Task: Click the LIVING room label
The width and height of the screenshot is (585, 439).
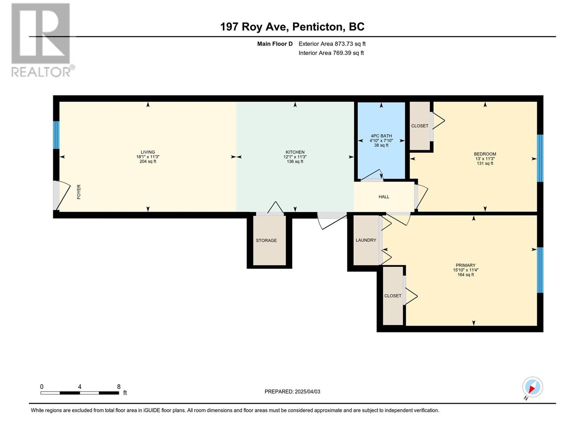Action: (148, 152)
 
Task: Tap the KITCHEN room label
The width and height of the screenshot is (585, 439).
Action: (295, 152)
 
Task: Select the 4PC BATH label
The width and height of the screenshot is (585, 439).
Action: (381, 136)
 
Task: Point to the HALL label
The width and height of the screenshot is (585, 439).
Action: (384, 197)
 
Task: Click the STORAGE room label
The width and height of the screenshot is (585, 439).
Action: (266, 240)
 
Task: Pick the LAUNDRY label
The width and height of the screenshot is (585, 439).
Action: (366, 240)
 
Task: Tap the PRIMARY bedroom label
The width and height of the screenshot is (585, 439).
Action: (465, 265)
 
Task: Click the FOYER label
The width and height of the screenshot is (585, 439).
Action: (79, 192)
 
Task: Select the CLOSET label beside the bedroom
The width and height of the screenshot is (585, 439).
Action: (420, 126)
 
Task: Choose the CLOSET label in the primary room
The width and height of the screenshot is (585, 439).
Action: (393, 296)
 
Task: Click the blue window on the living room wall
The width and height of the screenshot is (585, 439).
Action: (56, 135)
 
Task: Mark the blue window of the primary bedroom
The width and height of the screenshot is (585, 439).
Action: (540, 270)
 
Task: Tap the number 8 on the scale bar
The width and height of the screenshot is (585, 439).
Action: (118, 386)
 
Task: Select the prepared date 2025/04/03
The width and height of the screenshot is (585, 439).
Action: (307, 391)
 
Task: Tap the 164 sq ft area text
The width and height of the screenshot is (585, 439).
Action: (465, 274)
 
